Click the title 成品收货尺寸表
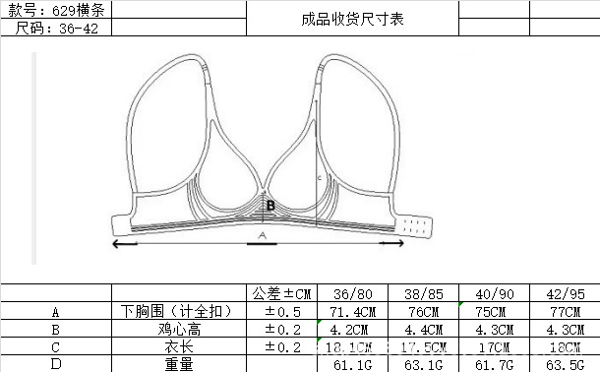click(x=352, y=18)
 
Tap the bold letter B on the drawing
click(x=270, y=205)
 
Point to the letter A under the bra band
click(x=262, y=236)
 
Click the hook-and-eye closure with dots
click(x=418, y=224)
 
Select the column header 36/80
click(x=353, y=293)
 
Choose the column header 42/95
click(x=565, y=293)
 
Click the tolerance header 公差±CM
click(x=281, y=293)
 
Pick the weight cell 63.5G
click(x=565, y=364)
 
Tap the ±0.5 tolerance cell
click(x=281, y=311)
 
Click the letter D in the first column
click(x=56, y=364)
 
